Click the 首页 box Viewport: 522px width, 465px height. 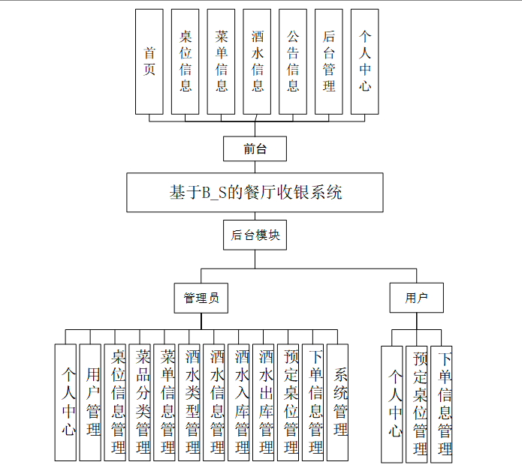[149, 61]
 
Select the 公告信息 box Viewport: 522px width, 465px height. [293, 61]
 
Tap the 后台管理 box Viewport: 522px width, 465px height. [329, 61]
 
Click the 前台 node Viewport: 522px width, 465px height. [255, 148]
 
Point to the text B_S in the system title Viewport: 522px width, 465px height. [215, 193]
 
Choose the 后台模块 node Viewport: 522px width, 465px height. [255, 235]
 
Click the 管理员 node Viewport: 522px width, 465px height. [201, 298]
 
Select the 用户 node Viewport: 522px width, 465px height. [416, 298]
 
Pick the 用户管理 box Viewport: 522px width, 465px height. [91, 401]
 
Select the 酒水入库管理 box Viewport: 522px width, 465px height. [240, 401]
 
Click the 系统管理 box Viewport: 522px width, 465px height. [339, 401]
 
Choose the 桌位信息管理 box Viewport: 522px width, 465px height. [116, 401]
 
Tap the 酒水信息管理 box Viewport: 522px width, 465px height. [215, 401]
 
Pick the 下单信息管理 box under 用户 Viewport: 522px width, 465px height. [442, 403]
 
